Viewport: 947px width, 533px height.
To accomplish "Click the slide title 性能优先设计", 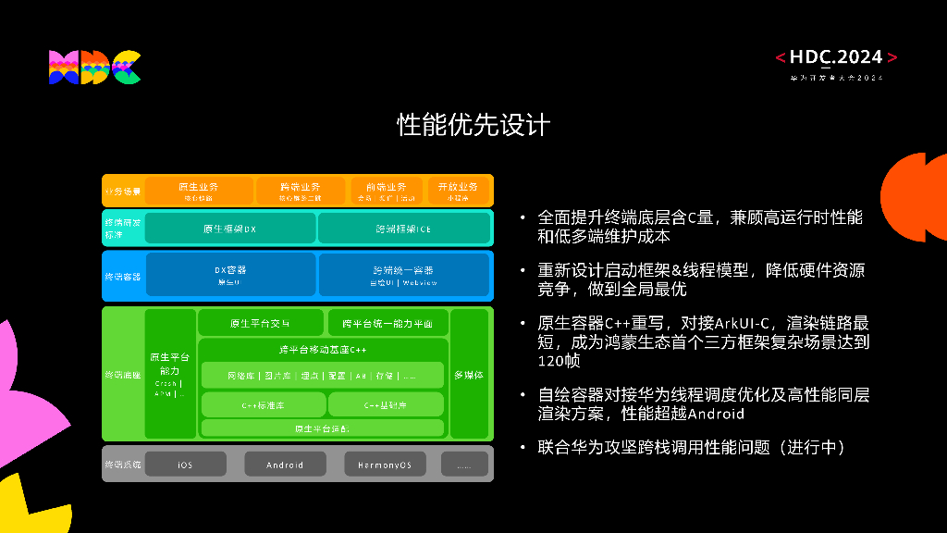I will tap(473, 125).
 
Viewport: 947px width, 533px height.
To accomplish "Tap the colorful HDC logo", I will tap(94, 68).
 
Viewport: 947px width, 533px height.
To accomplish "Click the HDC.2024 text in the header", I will tap(836, 57).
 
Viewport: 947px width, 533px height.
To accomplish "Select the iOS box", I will tap(185, 465).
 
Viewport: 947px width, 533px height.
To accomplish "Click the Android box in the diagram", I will tap(285, 465).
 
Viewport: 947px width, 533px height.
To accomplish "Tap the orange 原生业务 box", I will tap(199, 191).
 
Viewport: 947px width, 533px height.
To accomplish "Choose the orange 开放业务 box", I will tap(458, 191).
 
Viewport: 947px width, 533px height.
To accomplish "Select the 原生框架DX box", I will tap(229, 229).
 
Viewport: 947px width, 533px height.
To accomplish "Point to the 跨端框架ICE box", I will tap(403, 229).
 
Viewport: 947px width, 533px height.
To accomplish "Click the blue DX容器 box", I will tap(230, 275).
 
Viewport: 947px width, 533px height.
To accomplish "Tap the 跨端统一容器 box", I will tap(403, 275).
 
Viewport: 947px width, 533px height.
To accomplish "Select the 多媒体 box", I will tap(468, 375).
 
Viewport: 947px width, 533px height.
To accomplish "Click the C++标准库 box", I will tap(263, 404).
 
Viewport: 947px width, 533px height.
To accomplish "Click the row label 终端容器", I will tap(122, 276).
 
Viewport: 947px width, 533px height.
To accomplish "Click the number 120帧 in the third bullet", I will tap(559, 362).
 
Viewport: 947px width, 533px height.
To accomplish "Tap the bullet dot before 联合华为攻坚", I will tap(523, 448).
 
